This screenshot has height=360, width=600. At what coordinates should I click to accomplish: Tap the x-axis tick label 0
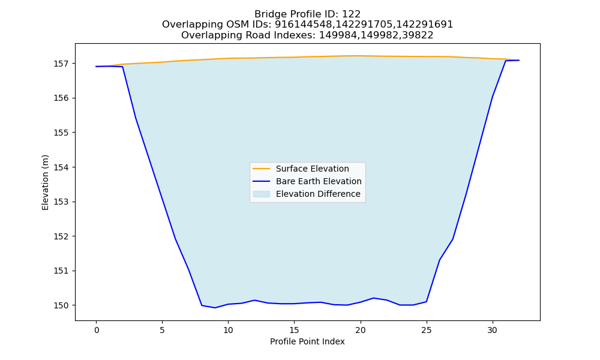[x=97, y=330]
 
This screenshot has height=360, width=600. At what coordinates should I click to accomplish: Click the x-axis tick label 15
[x=294, y=330]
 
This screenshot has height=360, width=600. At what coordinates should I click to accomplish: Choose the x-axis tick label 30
[x=493, y=330]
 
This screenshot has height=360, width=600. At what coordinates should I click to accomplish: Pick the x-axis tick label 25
[x=426, y=330]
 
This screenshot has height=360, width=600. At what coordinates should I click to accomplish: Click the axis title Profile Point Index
[x=307, y=341]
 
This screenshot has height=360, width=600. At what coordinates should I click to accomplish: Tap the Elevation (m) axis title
[x=46, y=182]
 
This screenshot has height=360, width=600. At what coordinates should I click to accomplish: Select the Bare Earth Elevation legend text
[x=319, y=181]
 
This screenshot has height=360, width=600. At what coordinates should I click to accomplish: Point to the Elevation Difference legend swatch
[x=262, y=194]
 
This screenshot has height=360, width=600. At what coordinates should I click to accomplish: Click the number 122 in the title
[x=351, y=14]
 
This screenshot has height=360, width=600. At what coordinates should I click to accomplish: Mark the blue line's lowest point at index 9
[x=215, y=308]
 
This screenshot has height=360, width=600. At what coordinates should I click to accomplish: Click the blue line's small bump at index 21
[x=373, y=298]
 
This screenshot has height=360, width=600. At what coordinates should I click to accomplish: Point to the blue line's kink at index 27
[x=452, y=239]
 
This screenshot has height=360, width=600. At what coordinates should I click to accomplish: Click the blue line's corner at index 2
[x=123, y=67]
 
